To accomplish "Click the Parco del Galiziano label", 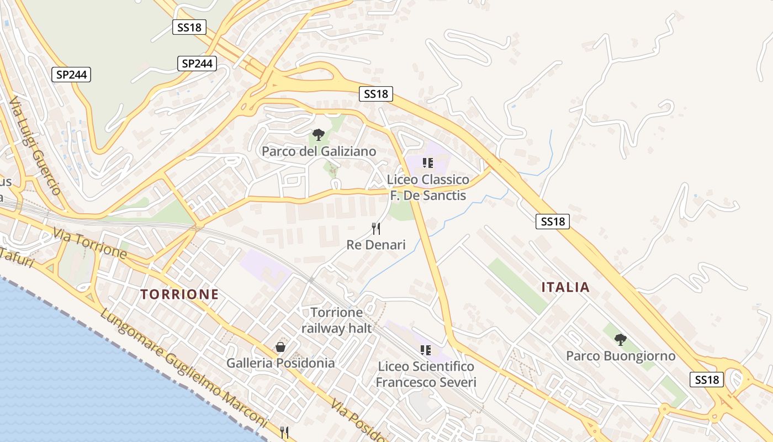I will [319, 151].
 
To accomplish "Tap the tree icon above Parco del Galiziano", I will [318, 134].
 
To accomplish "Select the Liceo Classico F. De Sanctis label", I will [428, 187].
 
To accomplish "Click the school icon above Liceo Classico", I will [427, 162].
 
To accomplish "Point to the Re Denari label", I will [376, 244].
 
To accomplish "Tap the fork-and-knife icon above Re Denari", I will [376, 229].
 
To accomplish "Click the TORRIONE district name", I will [179, 294].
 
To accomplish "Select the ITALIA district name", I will [565, 287].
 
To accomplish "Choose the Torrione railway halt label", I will [336, 320].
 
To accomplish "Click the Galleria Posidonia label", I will [280, 363].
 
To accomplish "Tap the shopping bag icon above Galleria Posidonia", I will [280, 347].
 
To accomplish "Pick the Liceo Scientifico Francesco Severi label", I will [426, 374].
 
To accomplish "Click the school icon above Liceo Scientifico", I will [426, 350].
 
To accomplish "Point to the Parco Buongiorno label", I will [621, 356].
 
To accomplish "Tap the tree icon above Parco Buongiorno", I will [621, 339].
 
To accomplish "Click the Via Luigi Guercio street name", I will [35, 146].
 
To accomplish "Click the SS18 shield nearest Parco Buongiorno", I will [707, 380].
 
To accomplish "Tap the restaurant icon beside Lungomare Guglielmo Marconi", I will [285, 433].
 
